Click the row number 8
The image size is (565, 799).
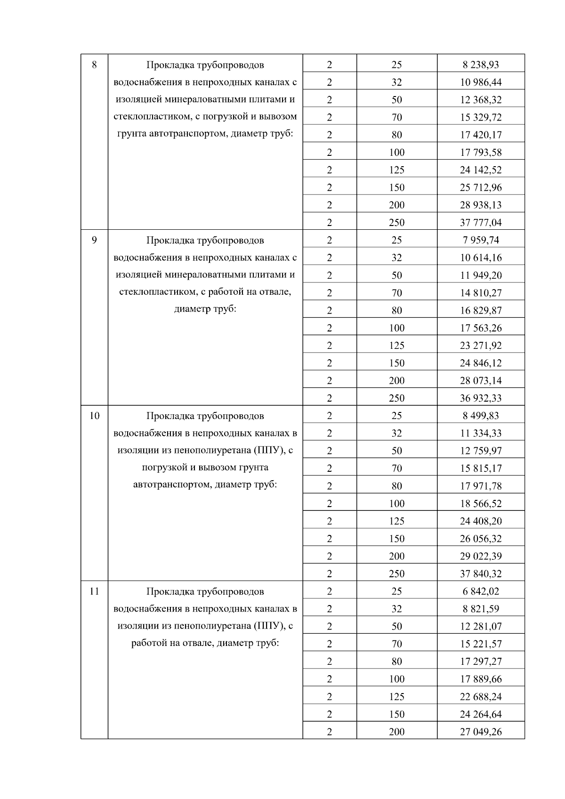pyautogui.click(x=94, y=65)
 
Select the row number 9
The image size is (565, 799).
pyautogui.click(x=94, y=240)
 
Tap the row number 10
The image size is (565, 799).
pyautogui.click(x=94, y=416)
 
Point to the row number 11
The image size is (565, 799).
pyautogui.click(x=94, y=591)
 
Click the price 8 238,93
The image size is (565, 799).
pyautogui.click(x=481, y=65)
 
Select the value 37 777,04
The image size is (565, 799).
pyautogui.click(x=481, y=222)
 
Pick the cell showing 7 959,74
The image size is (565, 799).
pyautogui.click(x=481, y=240)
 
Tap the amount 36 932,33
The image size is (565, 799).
pyautogui.click(x=481, y=398)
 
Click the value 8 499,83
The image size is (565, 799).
pyautogui.click(x=481, y=416)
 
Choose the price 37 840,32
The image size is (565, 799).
pyautogui.click(x=481, y=573)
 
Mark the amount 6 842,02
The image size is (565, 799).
pyautogui.click(x=481, y=591)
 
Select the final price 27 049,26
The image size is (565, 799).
pyautogui.click(x=481, y=732)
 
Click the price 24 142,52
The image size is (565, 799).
pyautogui.click(x=481, y=169)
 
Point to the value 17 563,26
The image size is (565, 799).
pyautogui.click(x=481, y=328)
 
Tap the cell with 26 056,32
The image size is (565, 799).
pyautogui.click(x=481, y=539)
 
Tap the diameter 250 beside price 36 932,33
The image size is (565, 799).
pyautogui.click(x=396, y=398)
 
